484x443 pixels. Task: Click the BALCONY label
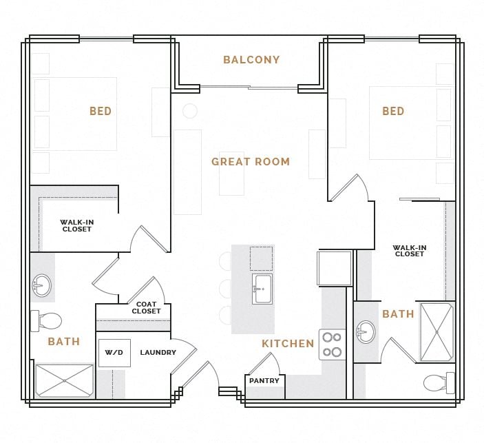coord(251,60)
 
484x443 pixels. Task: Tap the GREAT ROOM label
coord(251,162)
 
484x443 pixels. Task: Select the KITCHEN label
coord(288,343)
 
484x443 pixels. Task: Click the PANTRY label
coord(264,381)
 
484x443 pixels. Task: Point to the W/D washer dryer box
coord(114,353)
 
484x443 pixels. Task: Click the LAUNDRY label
coord(158,353)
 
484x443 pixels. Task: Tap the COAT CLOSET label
coord(146,308)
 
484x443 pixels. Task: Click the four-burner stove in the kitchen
coord(332,344)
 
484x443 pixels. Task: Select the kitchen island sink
coord(262,289)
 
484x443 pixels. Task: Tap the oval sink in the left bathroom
coord(41,285)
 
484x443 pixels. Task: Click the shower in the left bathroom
coord(64,381)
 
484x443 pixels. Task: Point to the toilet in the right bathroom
coord(438,382)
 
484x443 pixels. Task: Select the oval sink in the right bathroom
coord(366,332)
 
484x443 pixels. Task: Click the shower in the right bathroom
coord(436,332)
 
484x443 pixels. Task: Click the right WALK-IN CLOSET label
coord(409,251)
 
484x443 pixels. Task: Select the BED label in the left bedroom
coord(101,111)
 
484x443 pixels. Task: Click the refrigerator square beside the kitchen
coord(335,268)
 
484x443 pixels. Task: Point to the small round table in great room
coord(190,111)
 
